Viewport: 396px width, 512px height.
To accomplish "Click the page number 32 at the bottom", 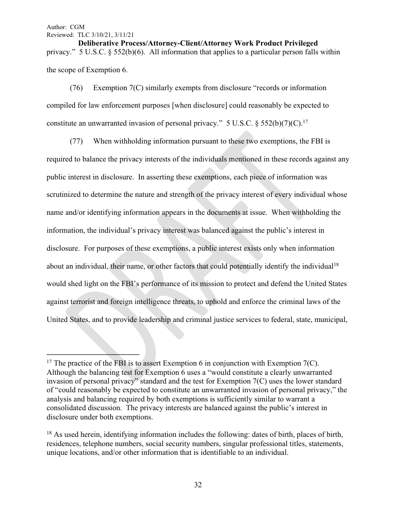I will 198,485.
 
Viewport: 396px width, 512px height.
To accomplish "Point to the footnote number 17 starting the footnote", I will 49,363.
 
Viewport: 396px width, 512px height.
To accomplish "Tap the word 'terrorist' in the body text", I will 87,302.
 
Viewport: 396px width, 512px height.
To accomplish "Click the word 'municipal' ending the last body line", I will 331,320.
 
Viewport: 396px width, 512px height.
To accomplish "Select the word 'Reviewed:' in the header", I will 59,35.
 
